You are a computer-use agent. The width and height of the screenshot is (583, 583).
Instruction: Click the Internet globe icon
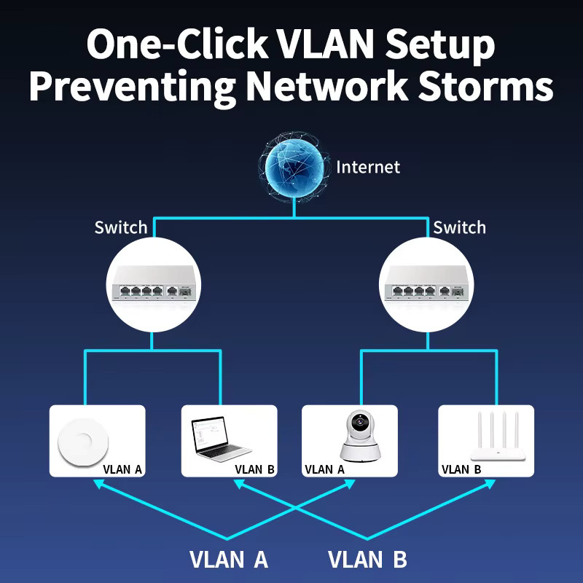pyautogui.click(x=294, y=167)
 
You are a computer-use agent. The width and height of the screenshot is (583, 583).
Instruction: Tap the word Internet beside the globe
pyautogui.click(x=368, y=168)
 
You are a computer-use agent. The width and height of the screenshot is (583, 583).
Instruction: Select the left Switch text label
pyautogui.click(x=121, y=227)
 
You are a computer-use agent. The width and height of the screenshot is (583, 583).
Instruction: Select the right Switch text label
pyautogui.click(x=460, y=227)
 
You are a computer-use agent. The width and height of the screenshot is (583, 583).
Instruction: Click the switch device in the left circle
pyautogui.click(x=154, y=283)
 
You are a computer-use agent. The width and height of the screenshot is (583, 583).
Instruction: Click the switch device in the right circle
pyautogui.click(x=426, y=283)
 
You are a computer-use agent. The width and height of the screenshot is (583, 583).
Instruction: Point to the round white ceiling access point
pyautogui.click(x=83, y=442)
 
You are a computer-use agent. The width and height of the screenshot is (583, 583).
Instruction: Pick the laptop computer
pyautogui.click(x=219, y=439)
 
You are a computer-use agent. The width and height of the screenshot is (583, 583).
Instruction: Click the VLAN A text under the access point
pyautogui.click(x=122, y=469)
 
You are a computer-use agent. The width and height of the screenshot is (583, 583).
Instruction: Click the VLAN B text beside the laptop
pyautogui.click(x=254, y=469)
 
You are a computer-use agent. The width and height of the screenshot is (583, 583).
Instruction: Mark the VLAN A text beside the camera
pyautogui.click(x=324, y=469)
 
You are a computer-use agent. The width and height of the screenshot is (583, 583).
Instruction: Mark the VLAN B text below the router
pyautogui.click(x=461, y=469)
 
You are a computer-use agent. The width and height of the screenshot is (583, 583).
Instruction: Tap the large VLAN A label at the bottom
pyautogui.click(x=229, y=559)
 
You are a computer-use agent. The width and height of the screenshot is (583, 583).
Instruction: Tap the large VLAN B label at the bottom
pyautogui.click(x=367, y=559)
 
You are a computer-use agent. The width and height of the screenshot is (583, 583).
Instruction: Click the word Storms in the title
pyautogui.click(x=486, y=85)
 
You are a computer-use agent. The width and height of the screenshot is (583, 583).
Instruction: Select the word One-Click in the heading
pyautogui.click(x=177, y=43)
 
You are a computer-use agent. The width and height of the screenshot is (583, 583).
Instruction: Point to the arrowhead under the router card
pyautogui.click(x=490, y=484)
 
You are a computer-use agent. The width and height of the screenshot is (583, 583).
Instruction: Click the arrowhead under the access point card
pyautogui.click(x=98, y=484)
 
